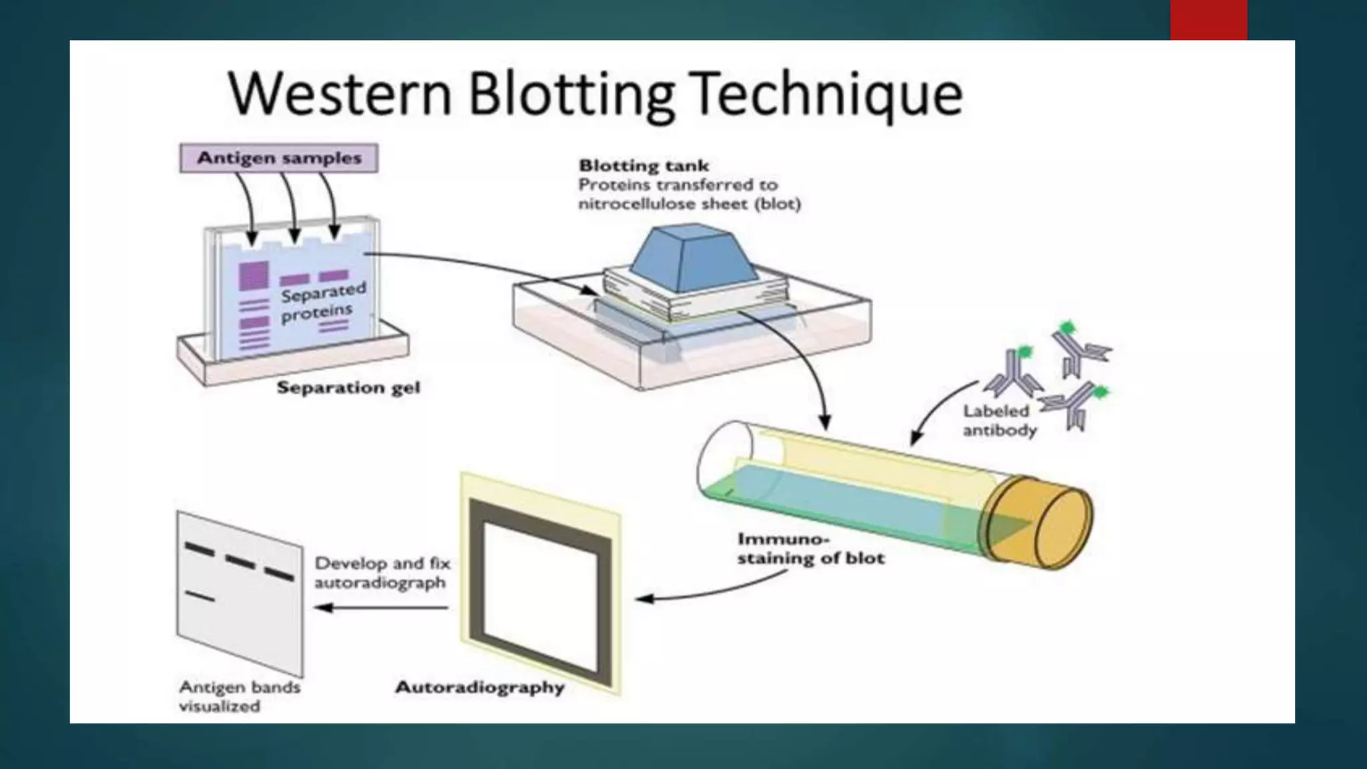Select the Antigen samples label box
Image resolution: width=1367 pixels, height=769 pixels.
(279, 158)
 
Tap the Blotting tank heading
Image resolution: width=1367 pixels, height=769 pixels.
(643, 166)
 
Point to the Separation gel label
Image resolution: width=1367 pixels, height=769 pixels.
(348, 387)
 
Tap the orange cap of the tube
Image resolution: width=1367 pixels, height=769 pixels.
(1041, 521)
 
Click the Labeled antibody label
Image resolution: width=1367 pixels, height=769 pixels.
(999, 421)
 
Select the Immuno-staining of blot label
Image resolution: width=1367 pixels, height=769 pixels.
(810, 548)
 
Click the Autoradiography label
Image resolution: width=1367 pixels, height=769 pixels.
(480, 687)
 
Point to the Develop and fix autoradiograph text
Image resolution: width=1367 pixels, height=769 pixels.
(382, 573)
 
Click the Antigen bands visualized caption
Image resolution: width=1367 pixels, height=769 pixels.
(239, 696)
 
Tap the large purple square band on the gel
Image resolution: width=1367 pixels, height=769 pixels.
(254, 275)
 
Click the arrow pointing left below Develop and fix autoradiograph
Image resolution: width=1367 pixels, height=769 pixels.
(380, 607)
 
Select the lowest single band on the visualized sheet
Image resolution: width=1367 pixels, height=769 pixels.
(200, 595)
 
